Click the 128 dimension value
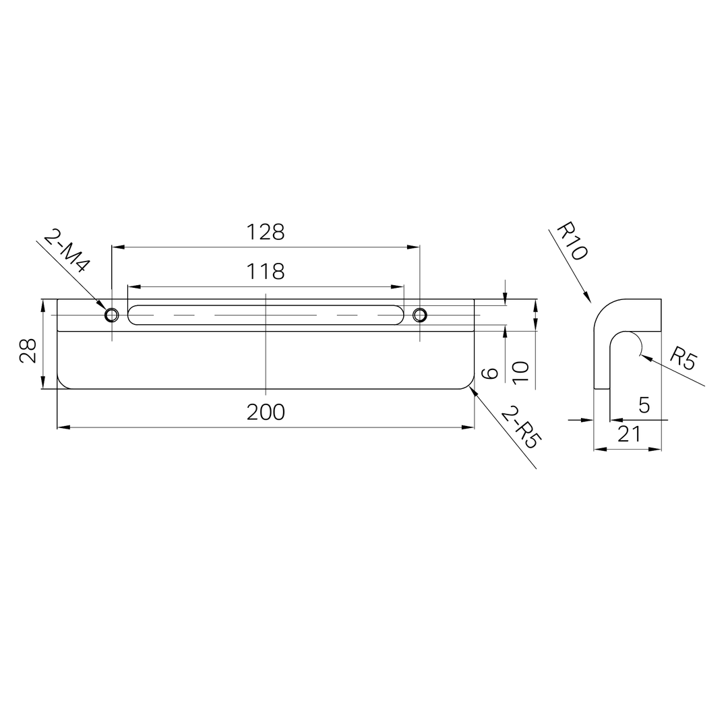pyautogui.click(x=265, y=232)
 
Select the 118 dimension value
pyautogui.click(x=265, y=272)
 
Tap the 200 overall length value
pyautogui.click(x=266, y=412)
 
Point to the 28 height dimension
pyautogui.click(x=28, y=351)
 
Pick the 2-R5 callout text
pyautogui.click(x=519, y=427)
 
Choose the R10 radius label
pyautogui.click(x=572, y=241)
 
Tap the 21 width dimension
pyautogui.click(x=629, y=434)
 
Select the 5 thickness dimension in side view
pyautogui.click(x=644, y=405)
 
